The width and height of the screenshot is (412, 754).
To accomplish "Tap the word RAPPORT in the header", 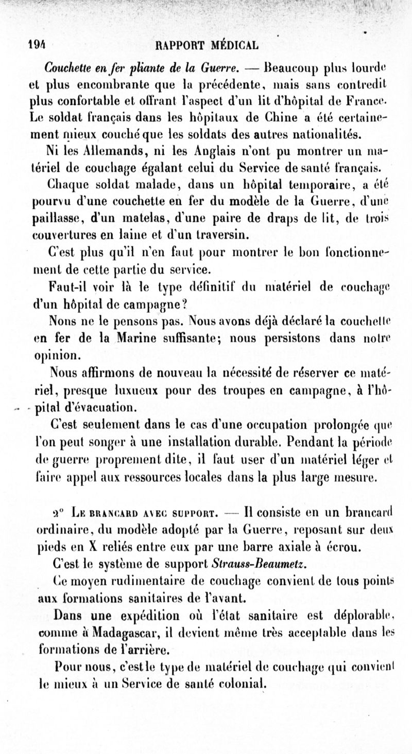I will pyautogui.click(x=179, y=44).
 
